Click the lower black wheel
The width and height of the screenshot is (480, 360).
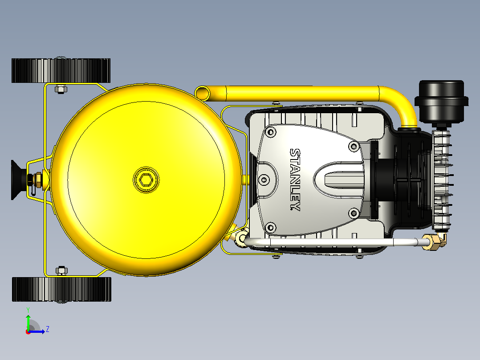[x=61, y=289]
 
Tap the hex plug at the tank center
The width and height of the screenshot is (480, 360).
[x=146, y=180]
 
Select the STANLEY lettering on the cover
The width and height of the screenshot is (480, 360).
[x=295, y=180]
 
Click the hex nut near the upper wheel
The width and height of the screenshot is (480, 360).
[x=61, y=89]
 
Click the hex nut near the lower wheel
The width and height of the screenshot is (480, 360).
[x=61, y=270]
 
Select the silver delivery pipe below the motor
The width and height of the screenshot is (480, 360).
[x=334, y=242]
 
